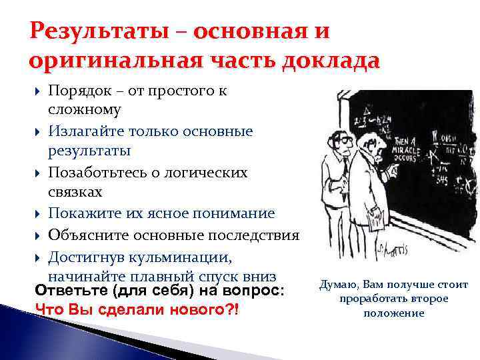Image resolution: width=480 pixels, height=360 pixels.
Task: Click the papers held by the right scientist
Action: point(375,218)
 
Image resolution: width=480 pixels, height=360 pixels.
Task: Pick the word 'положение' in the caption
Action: point(393,313)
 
